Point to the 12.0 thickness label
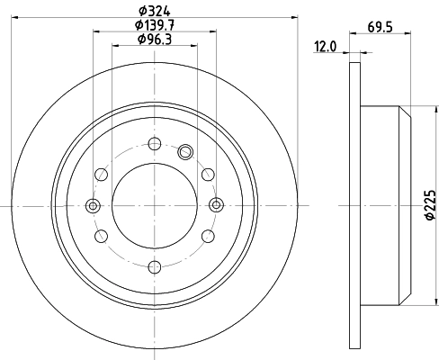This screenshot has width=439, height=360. tap(325, 47)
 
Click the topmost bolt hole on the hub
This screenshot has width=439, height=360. tap(155, 143)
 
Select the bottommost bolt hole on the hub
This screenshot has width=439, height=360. tap(155, 266)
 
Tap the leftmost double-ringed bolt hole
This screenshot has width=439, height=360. tap(93, 206)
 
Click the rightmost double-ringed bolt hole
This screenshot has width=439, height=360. tap(217, 206)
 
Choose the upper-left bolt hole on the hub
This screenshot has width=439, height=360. tap(101, 175)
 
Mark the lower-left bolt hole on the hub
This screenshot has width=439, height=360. tap(101, 236)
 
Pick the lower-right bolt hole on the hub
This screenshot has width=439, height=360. tap(208, 236)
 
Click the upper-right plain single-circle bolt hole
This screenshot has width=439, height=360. tap(208, 175)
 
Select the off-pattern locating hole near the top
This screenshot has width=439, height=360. tap(186, 151)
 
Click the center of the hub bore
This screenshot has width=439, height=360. tap(155, 206)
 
